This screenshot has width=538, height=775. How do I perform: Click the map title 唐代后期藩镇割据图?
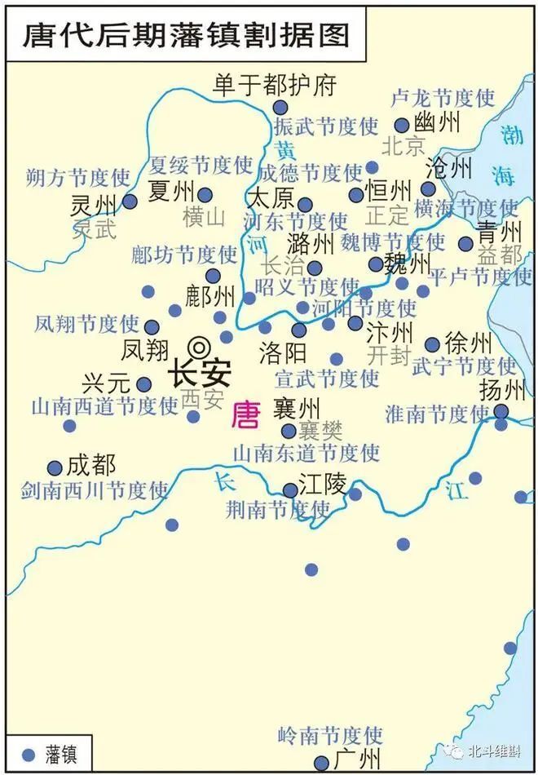coord(186,33)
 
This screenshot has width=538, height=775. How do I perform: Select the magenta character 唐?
coord(245,415)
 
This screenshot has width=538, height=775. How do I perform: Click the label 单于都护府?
coord(275,85)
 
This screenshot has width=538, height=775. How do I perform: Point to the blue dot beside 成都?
coord(55,468)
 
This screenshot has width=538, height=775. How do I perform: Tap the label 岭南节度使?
coord(329,735)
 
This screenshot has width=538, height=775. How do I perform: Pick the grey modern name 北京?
coord(403,146)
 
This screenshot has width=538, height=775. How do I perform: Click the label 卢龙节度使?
coord(443,99)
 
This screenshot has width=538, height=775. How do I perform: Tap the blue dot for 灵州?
coord(130,201)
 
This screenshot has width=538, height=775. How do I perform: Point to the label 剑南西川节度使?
coord(95,490)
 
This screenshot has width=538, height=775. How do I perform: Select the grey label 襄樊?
coord(320,430)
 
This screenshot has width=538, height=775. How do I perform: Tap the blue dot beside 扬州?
coord(501,411)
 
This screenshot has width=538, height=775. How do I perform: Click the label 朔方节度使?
coord(77,176)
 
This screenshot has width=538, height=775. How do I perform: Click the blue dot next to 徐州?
coord(432,344)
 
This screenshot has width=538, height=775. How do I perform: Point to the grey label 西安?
coord(201,399)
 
